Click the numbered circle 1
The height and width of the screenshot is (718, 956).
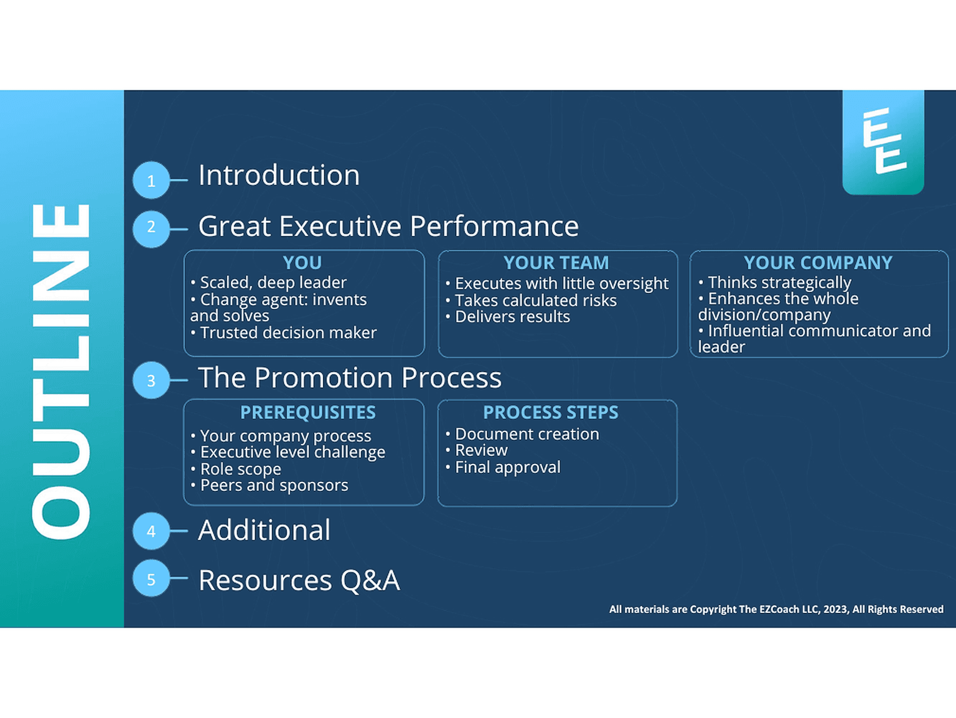coord(151,180)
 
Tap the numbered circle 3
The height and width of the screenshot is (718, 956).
coord(151,380)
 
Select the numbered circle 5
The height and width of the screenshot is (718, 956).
coord(151,579)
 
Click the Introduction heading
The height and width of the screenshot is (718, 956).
coord(279,175)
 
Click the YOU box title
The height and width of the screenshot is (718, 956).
coord(302,263)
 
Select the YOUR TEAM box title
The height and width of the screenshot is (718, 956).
coord(556,263)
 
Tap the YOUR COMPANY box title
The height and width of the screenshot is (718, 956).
coord(818,263)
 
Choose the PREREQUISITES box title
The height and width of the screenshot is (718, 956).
coord(308,412)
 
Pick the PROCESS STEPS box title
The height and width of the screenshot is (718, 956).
coord(551,412)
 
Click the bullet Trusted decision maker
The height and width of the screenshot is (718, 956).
coord(284,333)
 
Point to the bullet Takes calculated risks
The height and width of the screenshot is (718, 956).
coord(531,301)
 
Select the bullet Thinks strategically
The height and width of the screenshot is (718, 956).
coord(775,283)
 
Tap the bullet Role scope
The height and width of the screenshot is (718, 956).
coord(236,470)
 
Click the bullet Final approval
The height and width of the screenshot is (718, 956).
coord(503,468)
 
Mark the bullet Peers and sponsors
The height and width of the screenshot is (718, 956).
coord(269,485)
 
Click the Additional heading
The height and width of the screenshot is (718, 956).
coord(265,530)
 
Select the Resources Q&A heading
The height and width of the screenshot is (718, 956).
coord(299,580)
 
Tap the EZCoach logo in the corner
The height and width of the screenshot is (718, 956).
coord(883,142)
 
